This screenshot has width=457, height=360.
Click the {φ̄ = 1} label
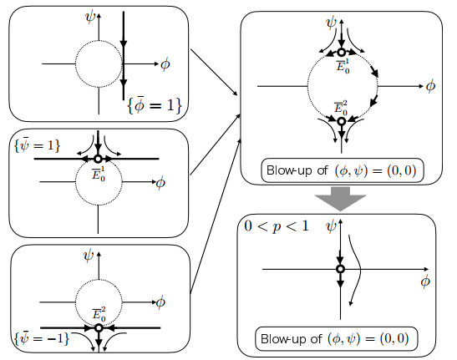[x=155, y=105]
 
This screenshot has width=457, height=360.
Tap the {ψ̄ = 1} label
[x=38, y=145]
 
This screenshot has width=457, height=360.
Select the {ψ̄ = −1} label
[x=42, y=338]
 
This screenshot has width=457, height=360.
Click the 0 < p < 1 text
[x=277, y=226]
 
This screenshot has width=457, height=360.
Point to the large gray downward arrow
[x=340, y=199]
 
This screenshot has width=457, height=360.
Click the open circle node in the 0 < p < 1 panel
[x=340, y=269]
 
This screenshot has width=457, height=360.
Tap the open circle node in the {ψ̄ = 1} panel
[x=98, y=159]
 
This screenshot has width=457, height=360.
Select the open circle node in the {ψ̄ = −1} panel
[x=99, y=328]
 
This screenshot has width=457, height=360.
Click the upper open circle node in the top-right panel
[x=342, y=53]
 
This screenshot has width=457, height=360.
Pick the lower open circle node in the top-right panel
[x=342, y=121]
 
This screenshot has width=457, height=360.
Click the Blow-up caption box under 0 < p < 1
[x=336, y=339]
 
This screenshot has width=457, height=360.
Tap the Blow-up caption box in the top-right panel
[x=343, y=170]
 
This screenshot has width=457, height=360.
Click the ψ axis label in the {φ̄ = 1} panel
[x=90, y=18]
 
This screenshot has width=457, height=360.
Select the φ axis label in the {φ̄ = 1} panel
[x=165, y=64]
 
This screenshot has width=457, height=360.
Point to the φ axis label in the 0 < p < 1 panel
[x=425, y=281]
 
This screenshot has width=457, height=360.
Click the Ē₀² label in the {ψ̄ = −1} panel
[x=99, y=315]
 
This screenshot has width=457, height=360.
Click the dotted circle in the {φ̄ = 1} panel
[x=76, y=63]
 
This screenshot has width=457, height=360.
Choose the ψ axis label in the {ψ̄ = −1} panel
[x=89, y=256]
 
